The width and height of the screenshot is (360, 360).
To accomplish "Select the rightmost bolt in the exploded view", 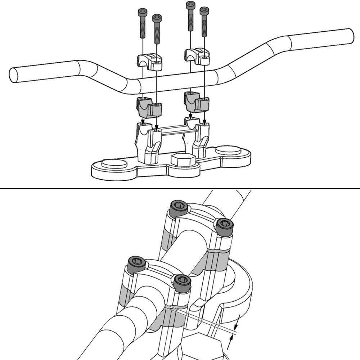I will tap(204, 22).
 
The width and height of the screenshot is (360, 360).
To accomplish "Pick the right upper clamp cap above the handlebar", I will tap(197, 56).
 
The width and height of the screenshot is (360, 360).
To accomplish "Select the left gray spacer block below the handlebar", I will tap(148, 107).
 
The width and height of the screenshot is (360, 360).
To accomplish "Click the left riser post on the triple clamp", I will tap(148, 143).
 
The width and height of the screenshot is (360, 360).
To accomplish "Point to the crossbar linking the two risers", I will tap(173, 130).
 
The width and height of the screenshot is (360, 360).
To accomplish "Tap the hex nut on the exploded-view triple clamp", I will tap(183, 160).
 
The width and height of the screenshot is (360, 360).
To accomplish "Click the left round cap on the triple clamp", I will tap(114, 164).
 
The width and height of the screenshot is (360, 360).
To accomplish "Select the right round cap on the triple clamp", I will tap(229, 150).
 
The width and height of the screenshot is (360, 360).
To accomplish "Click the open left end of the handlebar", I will tap(14, 75).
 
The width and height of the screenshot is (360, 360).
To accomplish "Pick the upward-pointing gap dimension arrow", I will tap(229, 343).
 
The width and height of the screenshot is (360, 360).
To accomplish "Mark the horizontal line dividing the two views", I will tap(180, 188).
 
